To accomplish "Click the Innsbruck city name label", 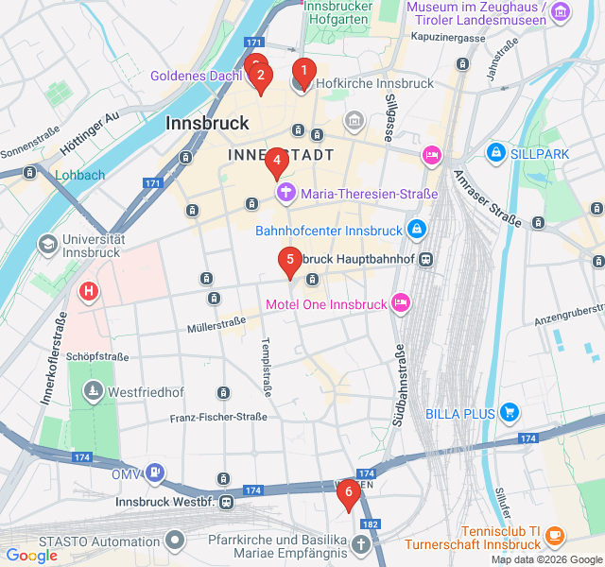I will (207, 123).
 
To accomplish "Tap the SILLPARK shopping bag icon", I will (495, 152).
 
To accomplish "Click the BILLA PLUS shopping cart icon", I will (510, 412).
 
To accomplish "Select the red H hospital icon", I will (89, 291).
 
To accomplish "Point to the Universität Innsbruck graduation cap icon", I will (46, 245).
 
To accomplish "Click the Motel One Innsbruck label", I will (326, 304).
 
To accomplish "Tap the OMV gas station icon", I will (156, 473).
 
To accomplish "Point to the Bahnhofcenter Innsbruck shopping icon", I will (416, 230).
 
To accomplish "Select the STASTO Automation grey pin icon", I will (175, 541).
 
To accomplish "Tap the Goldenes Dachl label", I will (196, 76).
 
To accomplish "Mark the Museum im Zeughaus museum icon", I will (562, 12).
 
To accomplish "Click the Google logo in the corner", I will (31, 556).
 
